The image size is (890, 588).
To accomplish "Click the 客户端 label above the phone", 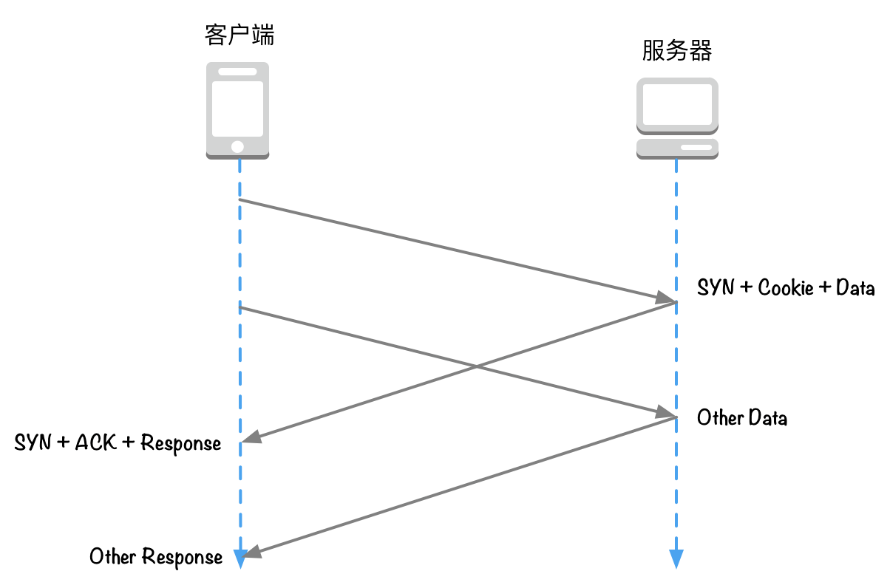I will point(239,34).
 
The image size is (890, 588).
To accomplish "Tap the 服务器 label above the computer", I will point(676,51).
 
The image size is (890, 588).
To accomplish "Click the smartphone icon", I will point(237,111).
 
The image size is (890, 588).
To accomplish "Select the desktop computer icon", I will point(677,118).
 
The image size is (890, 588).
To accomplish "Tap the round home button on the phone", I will point(237,146).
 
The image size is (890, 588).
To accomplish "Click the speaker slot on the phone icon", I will point(237,72).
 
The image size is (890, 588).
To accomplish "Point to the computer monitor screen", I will point(677,104).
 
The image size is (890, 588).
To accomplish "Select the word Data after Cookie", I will point(855,287).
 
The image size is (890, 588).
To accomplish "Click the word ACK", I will point(96,442).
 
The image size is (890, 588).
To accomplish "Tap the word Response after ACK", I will point(180,443).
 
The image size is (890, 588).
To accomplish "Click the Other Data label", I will point(741,418).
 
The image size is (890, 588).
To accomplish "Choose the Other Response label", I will point(155,556).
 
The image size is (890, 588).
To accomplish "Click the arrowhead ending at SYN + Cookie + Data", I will point(665,299).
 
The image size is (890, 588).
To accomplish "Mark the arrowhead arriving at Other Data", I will point(665,413).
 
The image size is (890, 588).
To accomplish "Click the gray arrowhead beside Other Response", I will point(251,552).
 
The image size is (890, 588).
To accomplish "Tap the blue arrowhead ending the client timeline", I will point(240,560).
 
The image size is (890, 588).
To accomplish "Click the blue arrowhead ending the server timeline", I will point(676,560).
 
